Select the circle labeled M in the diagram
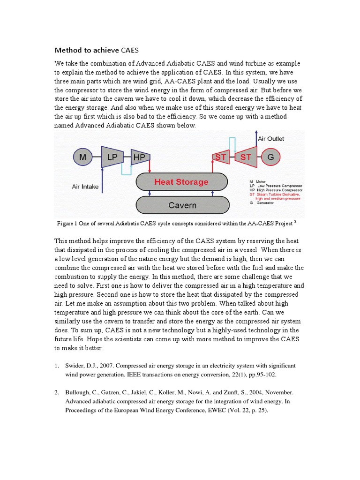click(83, 157)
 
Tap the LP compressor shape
click(112, 157)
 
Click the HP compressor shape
click(139, 157)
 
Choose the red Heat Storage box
click(182, 182)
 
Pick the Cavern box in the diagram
click(182, 205)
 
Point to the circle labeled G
click(270, 157)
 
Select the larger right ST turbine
click(246, 157)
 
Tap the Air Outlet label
click(270, 139)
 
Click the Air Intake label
click(85, 187)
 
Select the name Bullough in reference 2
click(77, 392)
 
